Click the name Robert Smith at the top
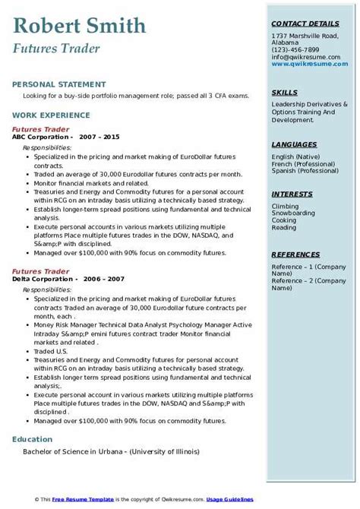[79, 27]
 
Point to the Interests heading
[292, 194]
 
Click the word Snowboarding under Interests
[292, 213]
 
